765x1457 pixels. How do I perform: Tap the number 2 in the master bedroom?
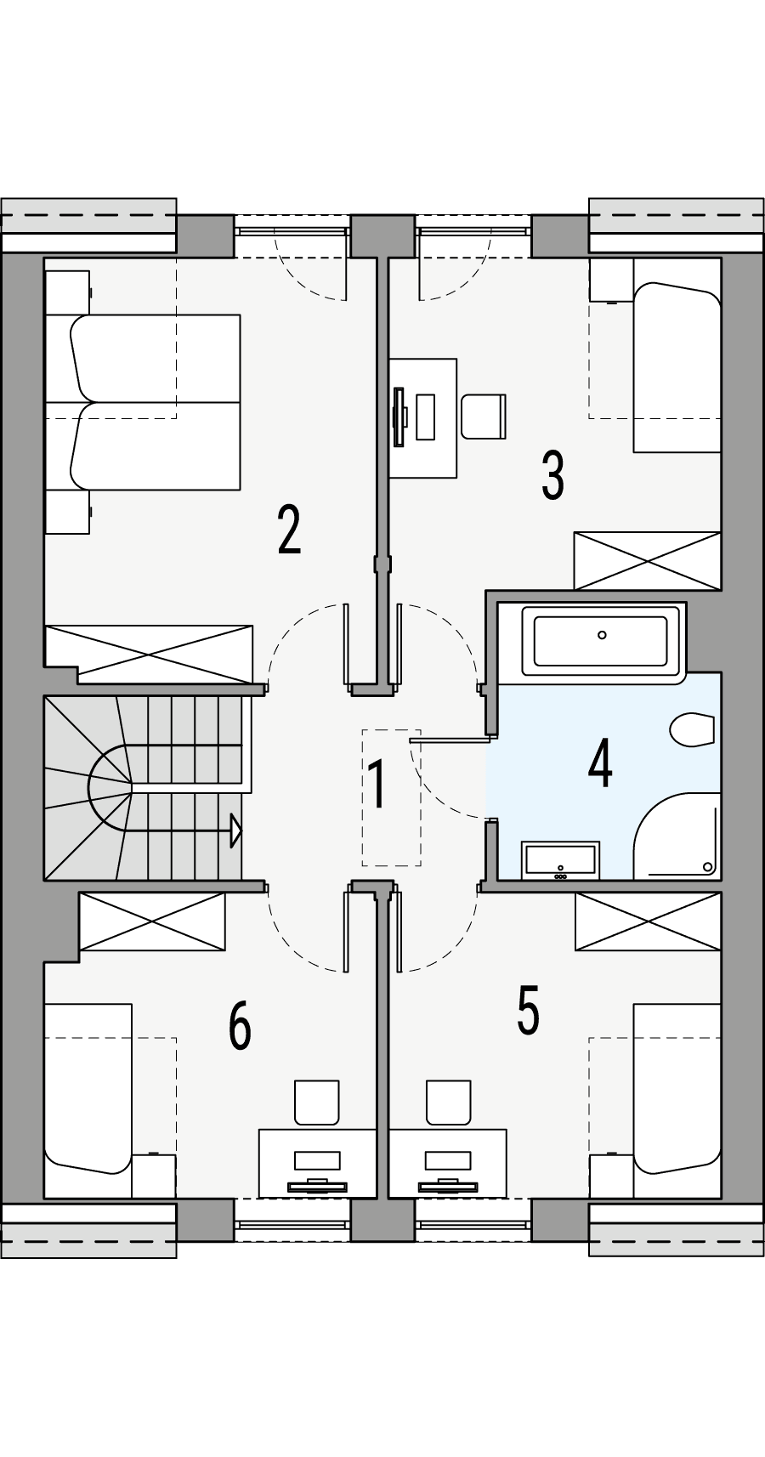pos(289,530)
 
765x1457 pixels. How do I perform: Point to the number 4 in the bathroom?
pos(600,763)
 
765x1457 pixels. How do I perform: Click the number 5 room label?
pos(528,1010)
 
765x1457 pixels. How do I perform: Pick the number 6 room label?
pos(240,1026)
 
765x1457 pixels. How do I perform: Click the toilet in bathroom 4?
pos(692,729)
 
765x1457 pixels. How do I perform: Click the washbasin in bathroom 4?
pos(560,859)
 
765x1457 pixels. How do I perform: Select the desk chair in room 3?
pos(483,416)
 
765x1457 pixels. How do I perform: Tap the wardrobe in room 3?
pos(647,560)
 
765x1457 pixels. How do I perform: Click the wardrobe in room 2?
pos(150,654)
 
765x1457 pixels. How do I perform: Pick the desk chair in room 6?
pos(316,1102)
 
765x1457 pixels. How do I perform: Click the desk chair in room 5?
pos(448,1102)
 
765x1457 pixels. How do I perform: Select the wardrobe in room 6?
pos(152,921)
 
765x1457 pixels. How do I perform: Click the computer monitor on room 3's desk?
pos(399,417)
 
